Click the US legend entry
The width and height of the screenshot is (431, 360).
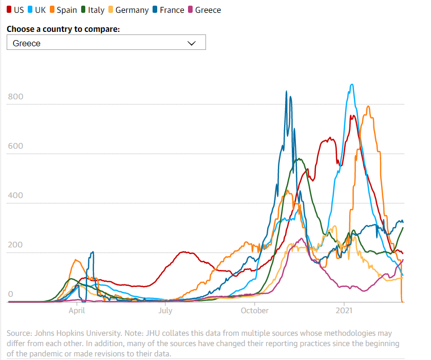pos(15,10)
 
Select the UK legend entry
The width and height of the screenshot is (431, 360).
pos(37,10)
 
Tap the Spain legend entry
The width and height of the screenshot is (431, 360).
pos(63,10)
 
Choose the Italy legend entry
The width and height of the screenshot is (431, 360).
pos(92,10)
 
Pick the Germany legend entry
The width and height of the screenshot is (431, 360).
pos(128,10)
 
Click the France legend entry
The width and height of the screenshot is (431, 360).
pos(168,10)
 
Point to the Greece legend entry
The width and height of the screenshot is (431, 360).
pos(204,10)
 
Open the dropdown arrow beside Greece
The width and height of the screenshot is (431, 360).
pos(192,43)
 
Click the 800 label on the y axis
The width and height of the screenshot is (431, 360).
pos(15,97)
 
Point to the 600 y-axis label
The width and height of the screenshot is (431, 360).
pos(15,146)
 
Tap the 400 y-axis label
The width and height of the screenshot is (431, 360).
pos(15,195)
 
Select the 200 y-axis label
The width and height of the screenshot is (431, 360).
pos(15,245)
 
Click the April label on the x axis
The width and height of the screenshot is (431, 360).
pos(77,311)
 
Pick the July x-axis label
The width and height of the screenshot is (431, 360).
pos(165,311)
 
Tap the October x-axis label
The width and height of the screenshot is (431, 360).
pos(255,311)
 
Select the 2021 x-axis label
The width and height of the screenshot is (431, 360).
pos(344,311)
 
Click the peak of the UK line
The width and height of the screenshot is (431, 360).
pos(351,85)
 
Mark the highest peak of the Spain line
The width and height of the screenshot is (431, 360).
pos(368,106)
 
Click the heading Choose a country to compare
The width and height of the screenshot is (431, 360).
pos(63,29)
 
